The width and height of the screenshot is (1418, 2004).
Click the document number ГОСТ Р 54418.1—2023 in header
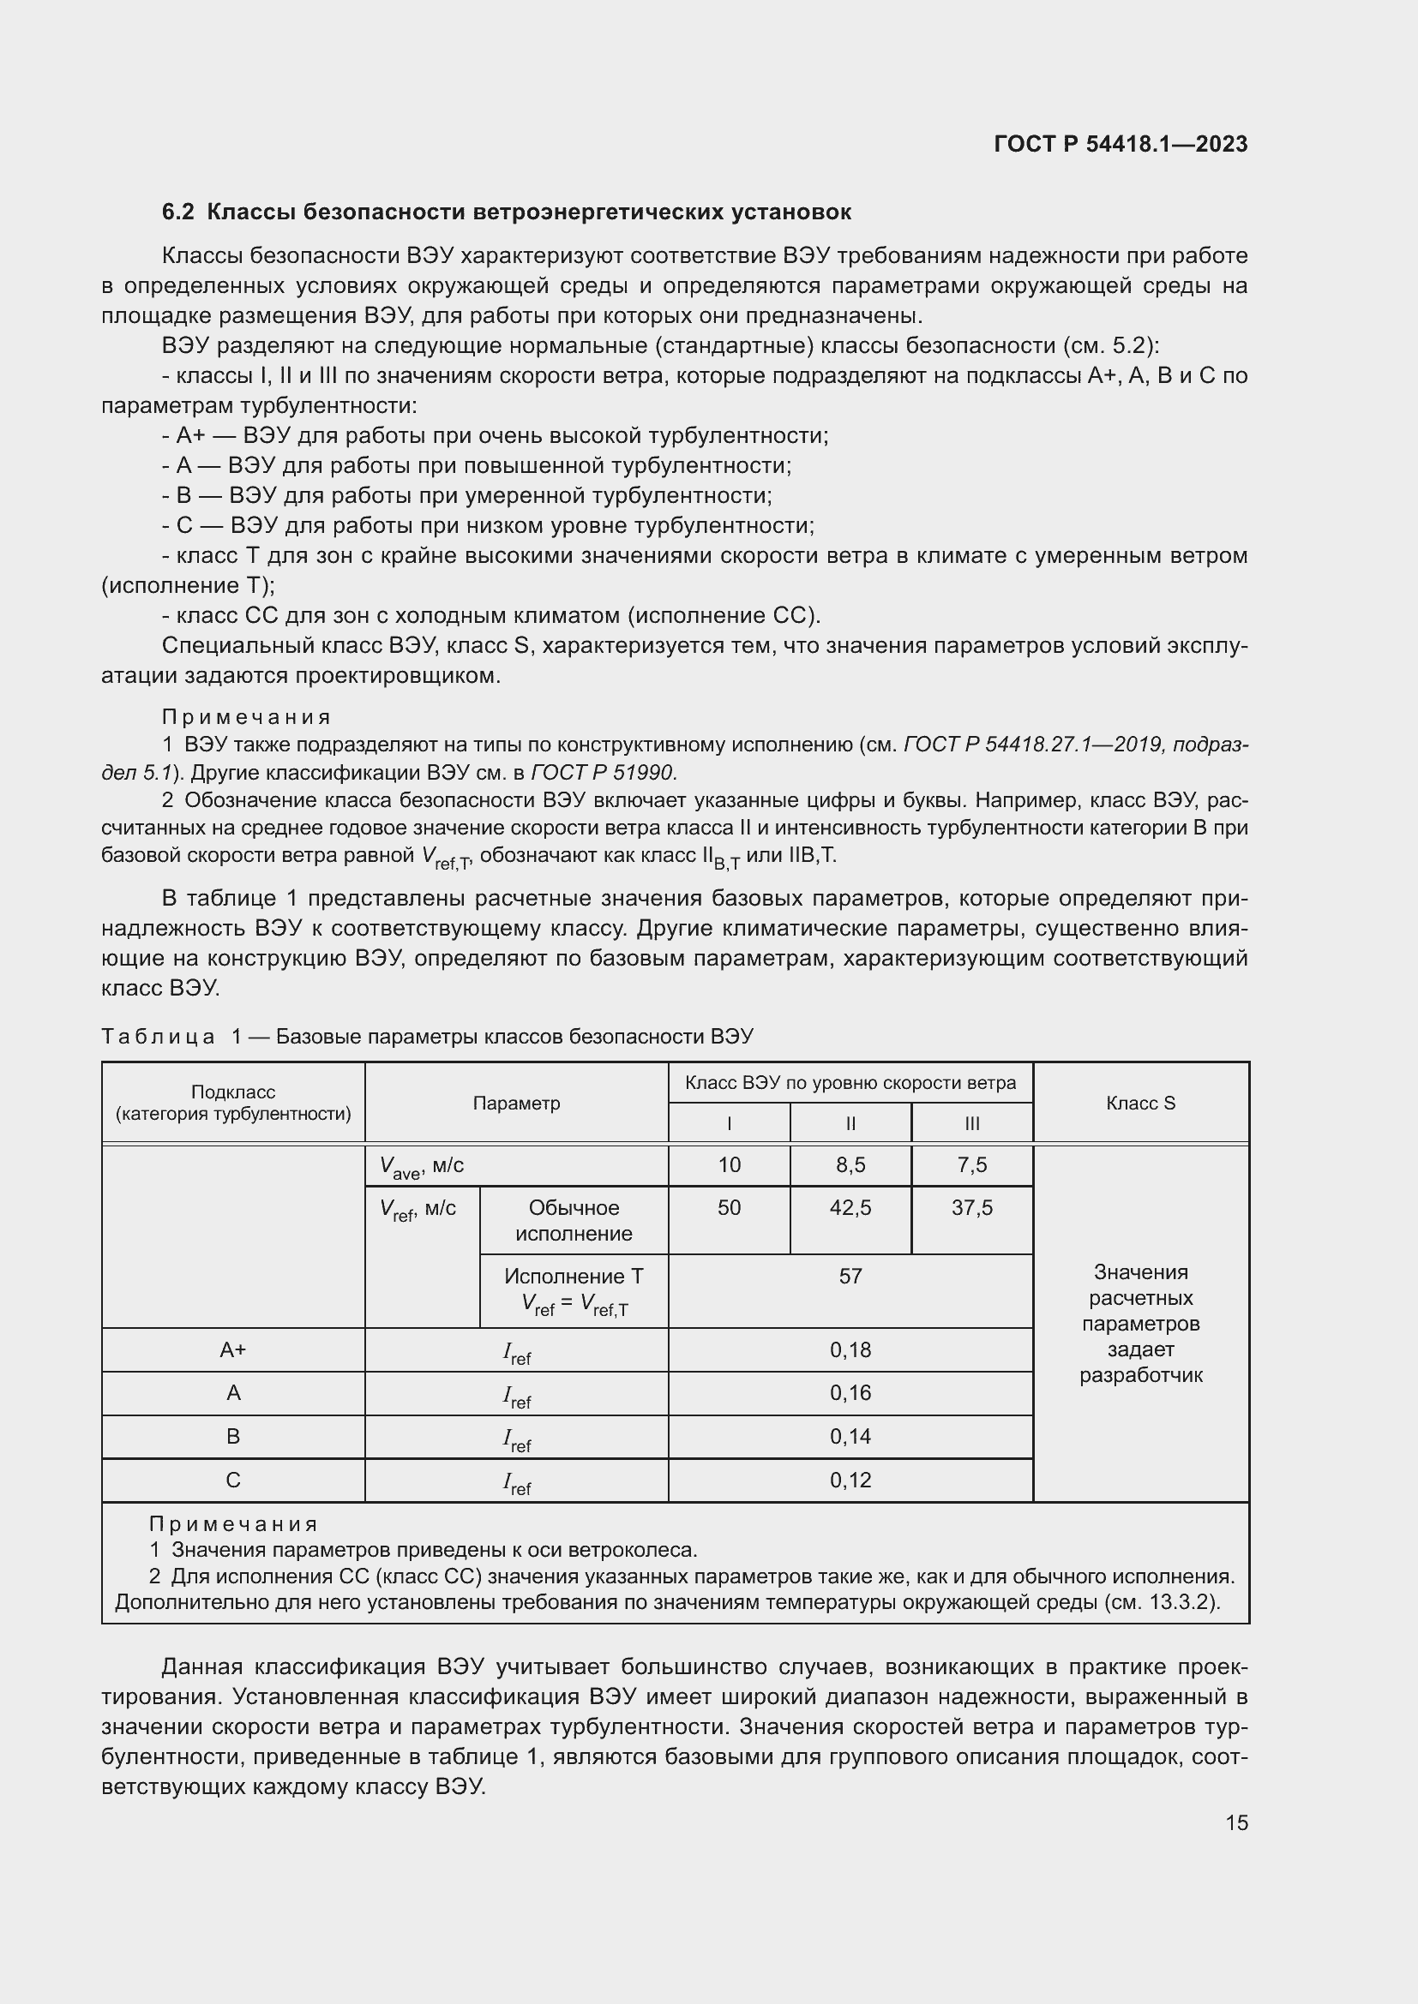click(1121, 144)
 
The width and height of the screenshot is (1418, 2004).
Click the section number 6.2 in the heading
click(177, 212)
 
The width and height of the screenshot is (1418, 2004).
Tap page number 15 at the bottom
click(1236, 1822)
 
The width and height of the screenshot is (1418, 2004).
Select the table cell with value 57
click(850, 1276)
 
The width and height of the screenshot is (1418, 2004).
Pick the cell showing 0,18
click(850, 1350)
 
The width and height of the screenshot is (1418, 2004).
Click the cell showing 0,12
click(850, 1481)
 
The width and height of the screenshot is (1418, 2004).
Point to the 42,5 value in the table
click(850, 1207)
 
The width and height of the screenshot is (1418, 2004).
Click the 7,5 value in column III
click(971, 1164)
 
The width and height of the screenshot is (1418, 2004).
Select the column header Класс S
click(1140, 1103)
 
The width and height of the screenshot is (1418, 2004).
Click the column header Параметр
click(516, 1103)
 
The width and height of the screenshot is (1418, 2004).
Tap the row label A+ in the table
click(233, 1350)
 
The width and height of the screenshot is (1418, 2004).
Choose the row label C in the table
click(233, 1481)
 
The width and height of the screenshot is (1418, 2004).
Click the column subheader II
click(850, 1123)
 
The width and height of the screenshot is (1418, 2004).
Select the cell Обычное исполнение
click(574, 1220)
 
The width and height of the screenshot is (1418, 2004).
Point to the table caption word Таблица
click(158, 1036)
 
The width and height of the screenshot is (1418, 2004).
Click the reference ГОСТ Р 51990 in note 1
click(604, 773)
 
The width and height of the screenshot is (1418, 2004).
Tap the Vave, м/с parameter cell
click(422, 1166)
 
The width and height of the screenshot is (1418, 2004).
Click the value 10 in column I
click(729, 1164)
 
